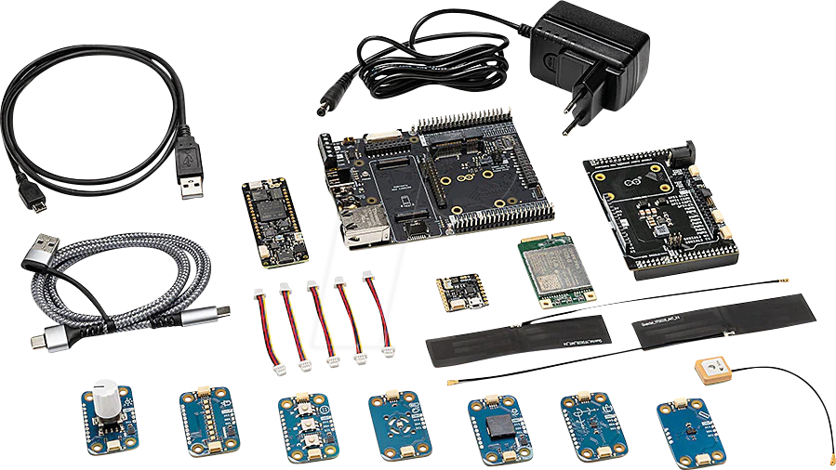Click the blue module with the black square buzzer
[498, 430]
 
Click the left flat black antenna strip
[518, 341]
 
